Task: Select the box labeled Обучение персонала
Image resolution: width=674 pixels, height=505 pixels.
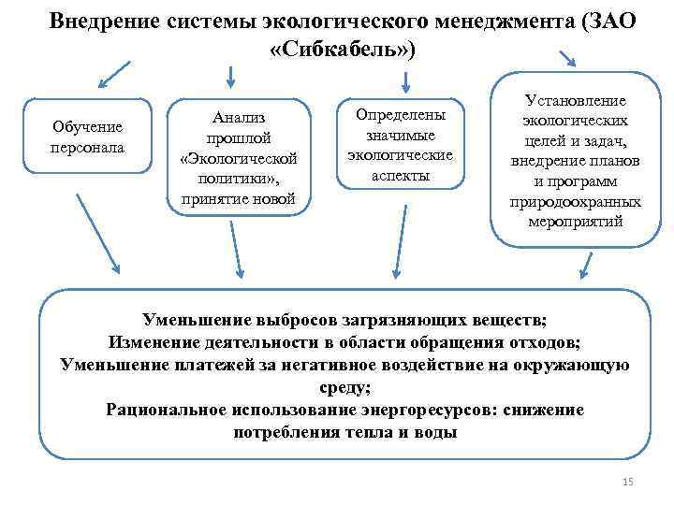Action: pos(88,137)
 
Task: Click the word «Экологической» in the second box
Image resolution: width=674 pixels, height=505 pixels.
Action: pos(239,156)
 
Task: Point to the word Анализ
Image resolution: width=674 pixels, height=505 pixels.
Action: pos(239,117)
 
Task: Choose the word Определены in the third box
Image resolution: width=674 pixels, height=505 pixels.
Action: pos(400,114)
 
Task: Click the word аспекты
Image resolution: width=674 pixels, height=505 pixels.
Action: pos(400,176)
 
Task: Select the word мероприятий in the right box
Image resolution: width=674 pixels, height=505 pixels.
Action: pos(576,223)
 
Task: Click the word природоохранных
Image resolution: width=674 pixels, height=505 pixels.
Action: pos(576,202)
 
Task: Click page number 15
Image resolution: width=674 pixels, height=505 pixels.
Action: pos(627,482)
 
